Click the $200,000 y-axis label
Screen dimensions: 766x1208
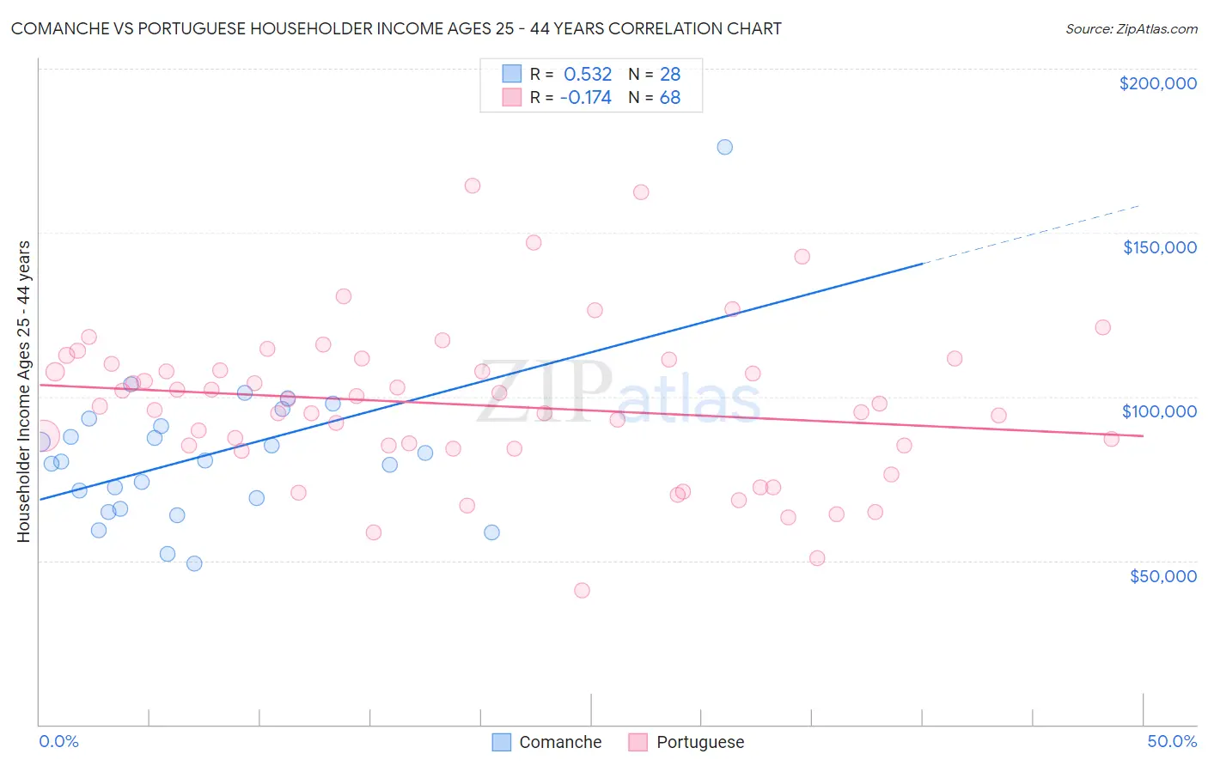1157,83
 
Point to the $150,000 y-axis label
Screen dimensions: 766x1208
1159,247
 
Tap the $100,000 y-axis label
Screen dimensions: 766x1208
1159,411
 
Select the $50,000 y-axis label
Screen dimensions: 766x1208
1162,576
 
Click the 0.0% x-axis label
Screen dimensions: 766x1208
59,741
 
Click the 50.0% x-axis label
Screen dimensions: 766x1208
1172,741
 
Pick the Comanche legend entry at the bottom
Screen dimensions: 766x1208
547,742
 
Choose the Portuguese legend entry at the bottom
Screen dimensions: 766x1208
686,742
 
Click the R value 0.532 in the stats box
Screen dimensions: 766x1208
588,75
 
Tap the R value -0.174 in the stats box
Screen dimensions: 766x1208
585,98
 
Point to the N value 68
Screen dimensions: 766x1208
670,98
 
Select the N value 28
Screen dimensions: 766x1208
670,75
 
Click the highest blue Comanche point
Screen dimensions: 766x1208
725,147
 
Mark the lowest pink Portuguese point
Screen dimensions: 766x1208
582,591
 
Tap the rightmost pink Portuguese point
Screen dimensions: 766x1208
1111,439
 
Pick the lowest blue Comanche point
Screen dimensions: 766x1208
194,564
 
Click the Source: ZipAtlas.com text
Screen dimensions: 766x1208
1131,29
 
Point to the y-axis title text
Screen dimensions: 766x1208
24,392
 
